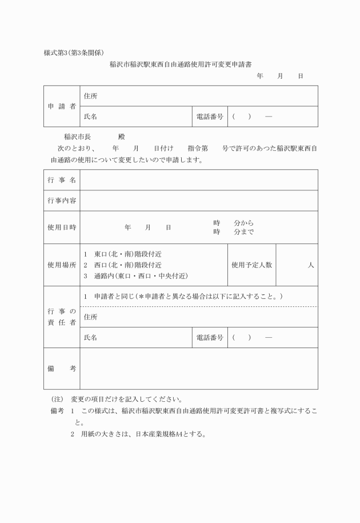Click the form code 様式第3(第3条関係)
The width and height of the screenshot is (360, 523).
pyautogui.click(x=74, y=53)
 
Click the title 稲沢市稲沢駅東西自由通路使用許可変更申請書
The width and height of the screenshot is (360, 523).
pyautogui.click(x=181, y=65)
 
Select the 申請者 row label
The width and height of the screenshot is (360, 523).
pyautogui.click(x=62, y=106)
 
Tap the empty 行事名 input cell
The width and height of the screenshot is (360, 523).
pyautogui.click(x=199, y=180)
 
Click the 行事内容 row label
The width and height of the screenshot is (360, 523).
pyautogui.click(x=62, y=201)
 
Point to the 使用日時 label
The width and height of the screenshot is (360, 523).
pyautogui.click(x=62, y=227)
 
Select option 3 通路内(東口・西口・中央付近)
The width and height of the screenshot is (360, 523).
pyautogui.click(x=135, y=276)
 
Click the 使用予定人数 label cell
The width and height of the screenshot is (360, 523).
pyautogui.click(x=251, y=265)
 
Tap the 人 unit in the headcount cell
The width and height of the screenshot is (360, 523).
pyautogui.click(x=310, y=265)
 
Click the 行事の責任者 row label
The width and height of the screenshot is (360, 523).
pyautogui.click(x=62, y=317)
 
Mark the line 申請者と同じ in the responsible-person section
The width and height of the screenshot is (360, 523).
pyautogui.click(x=183, y=297)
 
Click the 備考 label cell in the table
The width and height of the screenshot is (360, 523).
pyautogui.click(x=62, y=369)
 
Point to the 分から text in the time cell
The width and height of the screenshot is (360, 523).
pyautogui.click(x=244, y=222)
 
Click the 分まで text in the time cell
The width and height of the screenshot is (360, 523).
pyautogui.click(x=244, y=232)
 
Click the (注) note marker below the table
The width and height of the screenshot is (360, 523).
pyautogui.click(x=57, y=399)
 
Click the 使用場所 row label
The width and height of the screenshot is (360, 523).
pyautogui.click(x=62, y=265)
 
